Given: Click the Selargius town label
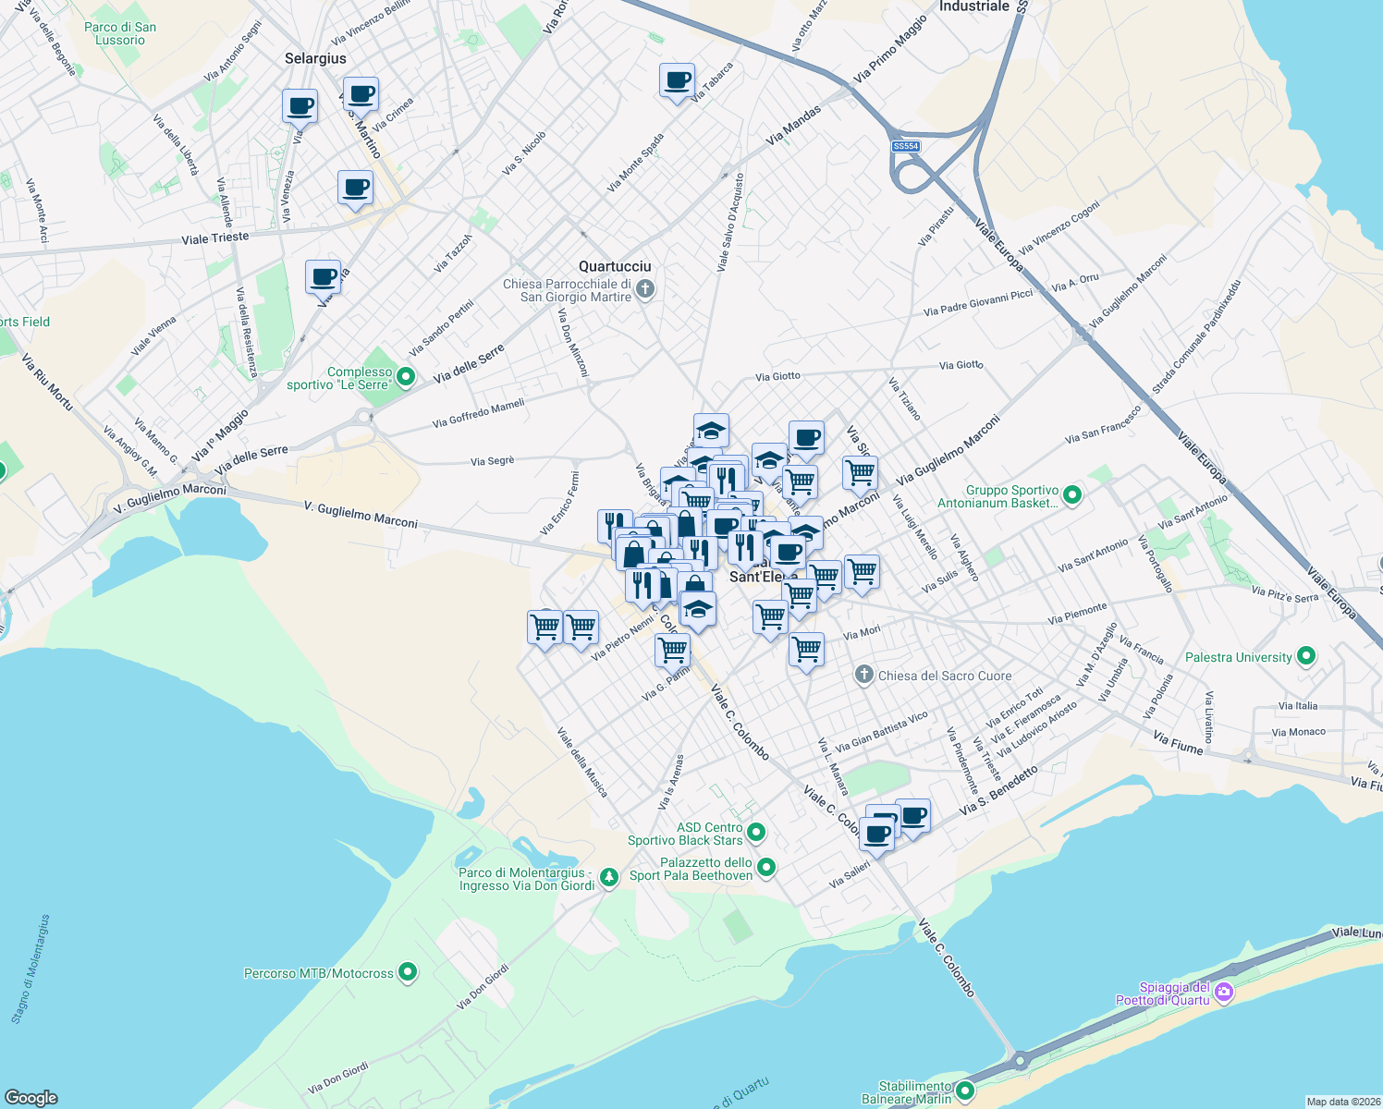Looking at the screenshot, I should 315,58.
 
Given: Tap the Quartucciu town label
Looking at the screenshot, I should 615,266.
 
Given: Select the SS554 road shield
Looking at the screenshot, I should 905,147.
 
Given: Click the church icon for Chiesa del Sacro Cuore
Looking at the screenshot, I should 863,676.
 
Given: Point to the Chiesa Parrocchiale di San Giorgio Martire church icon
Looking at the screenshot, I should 645,290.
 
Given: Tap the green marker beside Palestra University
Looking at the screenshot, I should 1306,657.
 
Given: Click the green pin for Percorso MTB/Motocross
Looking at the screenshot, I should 408,973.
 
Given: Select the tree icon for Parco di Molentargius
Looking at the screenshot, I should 608,877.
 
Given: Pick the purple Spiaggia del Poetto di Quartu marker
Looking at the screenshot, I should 1224,993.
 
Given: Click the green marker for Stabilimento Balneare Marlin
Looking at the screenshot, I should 965,1091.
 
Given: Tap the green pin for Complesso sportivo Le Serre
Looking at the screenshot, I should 406,377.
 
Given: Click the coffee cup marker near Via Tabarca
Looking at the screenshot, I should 677,80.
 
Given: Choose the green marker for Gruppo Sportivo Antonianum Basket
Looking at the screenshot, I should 1072,495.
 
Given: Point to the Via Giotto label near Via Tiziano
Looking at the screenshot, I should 961,365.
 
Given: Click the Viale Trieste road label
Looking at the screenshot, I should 215,238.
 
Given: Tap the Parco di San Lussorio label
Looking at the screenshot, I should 120,33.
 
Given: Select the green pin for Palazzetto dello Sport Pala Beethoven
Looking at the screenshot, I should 766,868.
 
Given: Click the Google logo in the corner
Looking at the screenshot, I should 31,1098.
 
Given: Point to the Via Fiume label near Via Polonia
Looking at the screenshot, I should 1178,742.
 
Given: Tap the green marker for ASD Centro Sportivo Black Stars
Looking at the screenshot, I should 756,833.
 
